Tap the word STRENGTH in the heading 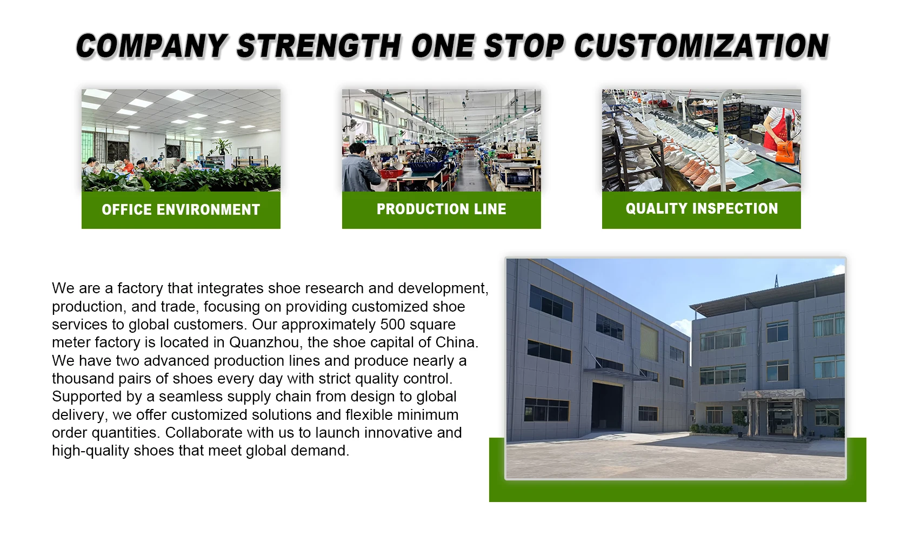(318, 46)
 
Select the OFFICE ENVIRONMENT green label (181, 210)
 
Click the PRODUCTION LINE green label (441, 209)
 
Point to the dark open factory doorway (606, 406)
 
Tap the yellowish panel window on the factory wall (649, 342)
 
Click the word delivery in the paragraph (79, 415)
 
